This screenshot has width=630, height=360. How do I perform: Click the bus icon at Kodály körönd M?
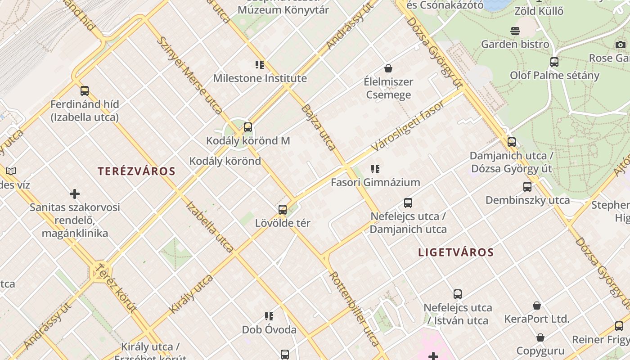[248, 127]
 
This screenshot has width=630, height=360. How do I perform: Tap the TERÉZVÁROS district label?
[136, 171]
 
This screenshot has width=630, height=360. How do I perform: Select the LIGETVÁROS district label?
[456, 252]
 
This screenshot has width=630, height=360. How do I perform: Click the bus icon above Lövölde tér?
[283, 210]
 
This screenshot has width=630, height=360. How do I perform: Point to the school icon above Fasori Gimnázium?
[375, 169]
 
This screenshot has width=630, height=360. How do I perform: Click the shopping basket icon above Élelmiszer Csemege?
[388, 68]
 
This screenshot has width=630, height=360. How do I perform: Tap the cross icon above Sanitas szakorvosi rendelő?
[75, 194]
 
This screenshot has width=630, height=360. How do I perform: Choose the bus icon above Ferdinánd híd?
[85, 91]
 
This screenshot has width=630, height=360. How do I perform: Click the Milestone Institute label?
[260, 78]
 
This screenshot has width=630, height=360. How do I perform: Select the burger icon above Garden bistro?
[515, 31]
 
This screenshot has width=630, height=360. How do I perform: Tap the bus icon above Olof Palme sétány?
[554, 62]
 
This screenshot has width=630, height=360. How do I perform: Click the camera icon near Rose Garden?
[621, 45]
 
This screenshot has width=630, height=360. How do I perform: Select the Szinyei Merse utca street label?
[189, 75]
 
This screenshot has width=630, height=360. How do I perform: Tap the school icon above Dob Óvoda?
[269, 316]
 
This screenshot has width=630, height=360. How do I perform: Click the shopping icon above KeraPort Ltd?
[537, 306]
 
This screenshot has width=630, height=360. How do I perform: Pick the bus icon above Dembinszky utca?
[527, 186]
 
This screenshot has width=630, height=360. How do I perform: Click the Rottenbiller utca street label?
[354, 308]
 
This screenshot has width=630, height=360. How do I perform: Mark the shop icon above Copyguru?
[540, 337]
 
